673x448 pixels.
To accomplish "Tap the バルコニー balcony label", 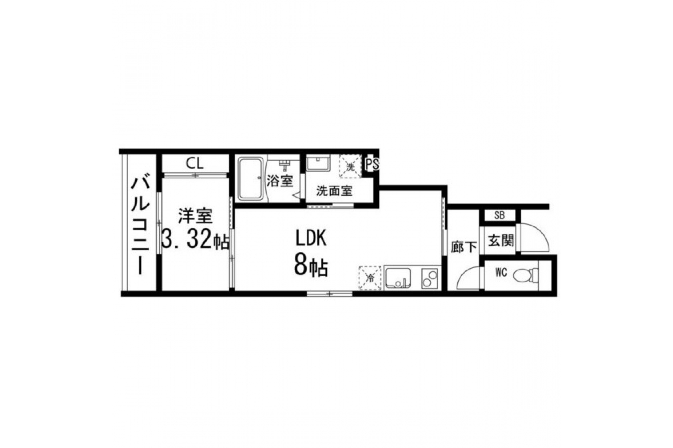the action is (140, 226).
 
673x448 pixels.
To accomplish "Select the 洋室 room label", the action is (195, 216).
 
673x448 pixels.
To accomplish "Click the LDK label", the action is (310, 238).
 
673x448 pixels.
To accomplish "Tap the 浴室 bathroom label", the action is (280, 181).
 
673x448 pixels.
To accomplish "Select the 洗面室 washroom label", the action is (334, 190).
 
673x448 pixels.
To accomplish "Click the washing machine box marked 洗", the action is (350, 166).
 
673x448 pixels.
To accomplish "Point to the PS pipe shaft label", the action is (372, 165).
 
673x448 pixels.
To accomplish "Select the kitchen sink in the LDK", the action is (398, 278).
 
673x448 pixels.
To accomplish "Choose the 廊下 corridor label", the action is (463, 247).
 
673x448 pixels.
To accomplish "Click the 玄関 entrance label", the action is (501, 240).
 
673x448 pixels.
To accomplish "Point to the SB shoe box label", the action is (499, 215).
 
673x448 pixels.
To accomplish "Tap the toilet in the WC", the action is (527, 274).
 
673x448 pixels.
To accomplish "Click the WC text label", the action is (501, 273).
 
